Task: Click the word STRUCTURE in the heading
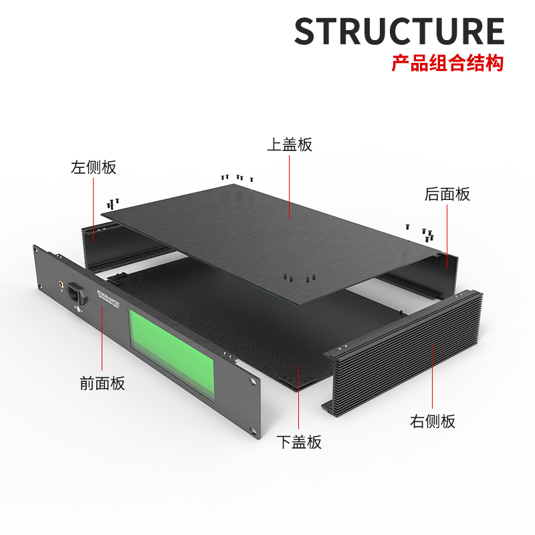399,31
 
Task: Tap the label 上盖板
290,144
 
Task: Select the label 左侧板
94,167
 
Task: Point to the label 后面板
447,195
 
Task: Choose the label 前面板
102,384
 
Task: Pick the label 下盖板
299,442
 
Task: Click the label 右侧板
433,421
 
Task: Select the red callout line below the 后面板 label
447,234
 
